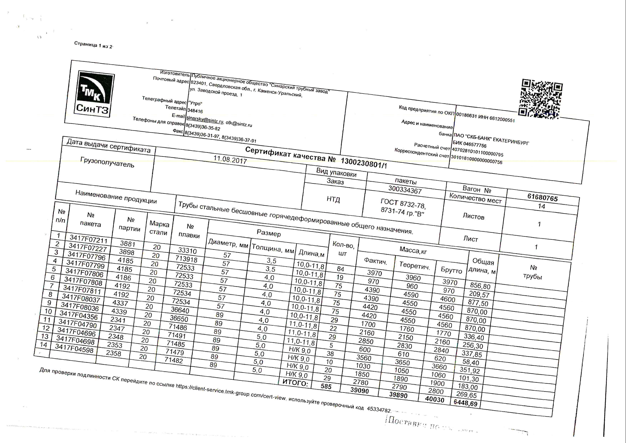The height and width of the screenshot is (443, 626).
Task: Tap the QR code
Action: coord(541,99)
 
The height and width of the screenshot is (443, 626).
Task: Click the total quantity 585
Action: coord(326,386)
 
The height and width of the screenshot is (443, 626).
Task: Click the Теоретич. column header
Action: coord(415,265)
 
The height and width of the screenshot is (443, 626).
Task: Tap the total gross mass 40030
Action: coord(435,399)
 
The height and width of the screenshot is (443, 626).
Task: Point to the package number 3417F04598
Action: coord(74,348)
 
